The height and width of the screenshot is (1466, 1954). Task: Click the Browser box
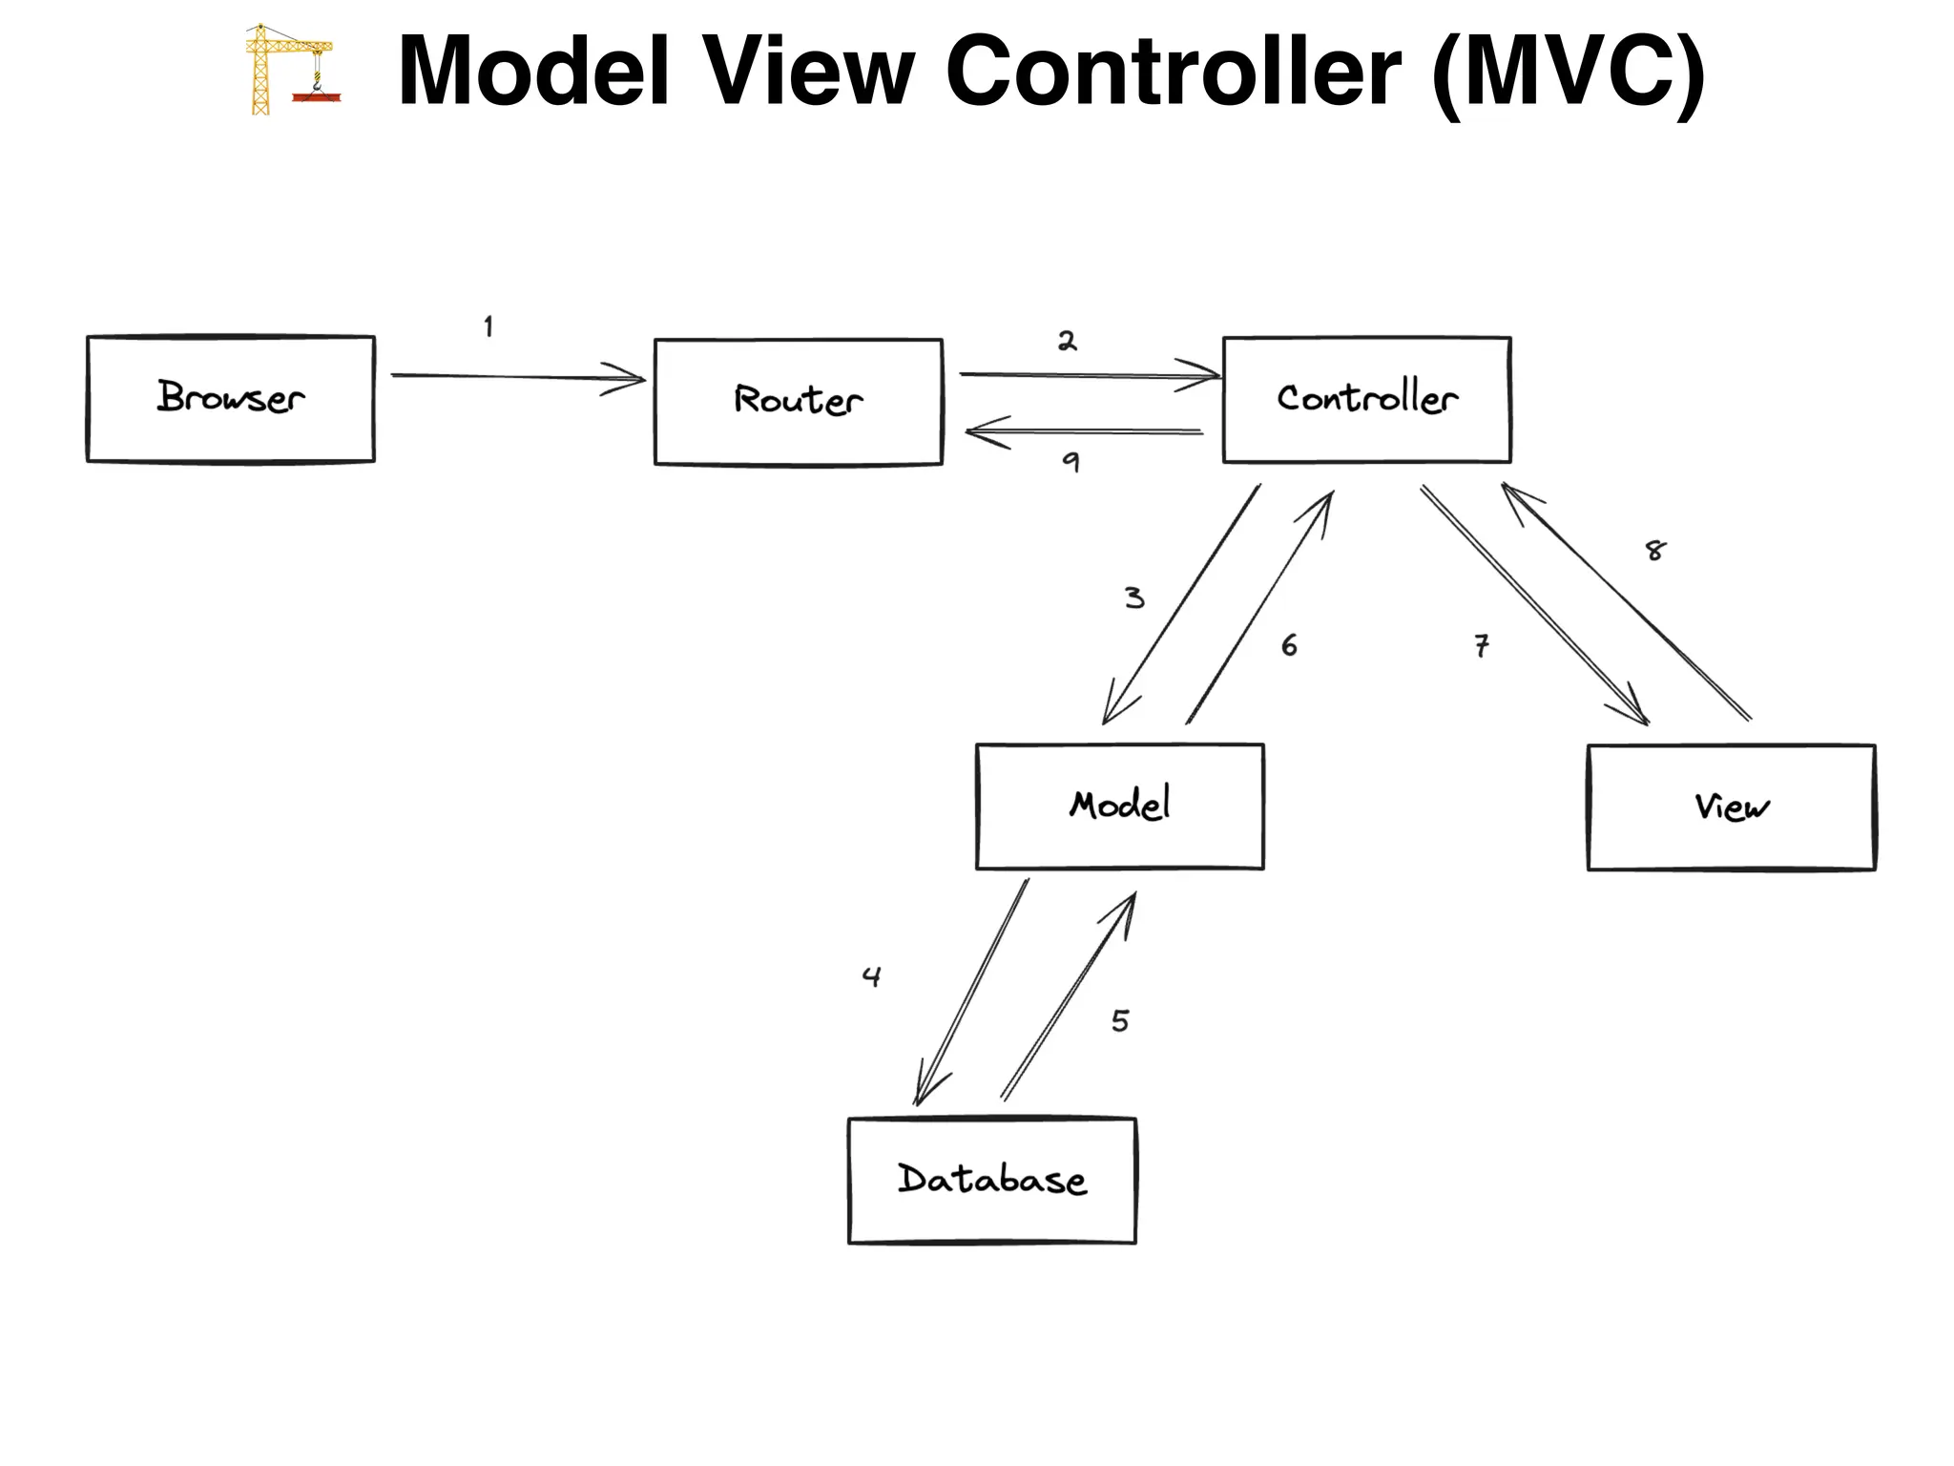(x=230, y=399)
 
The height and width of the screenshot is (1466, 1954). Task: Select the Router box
(x=798, y=402)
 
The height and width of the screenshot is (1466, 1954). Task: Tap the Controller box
(x=1366, y=400)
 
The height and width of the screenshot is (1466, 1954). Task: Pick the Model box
(x=1119, y=806)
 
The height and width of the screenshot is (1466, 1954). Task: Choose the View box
(x=1731, y=807)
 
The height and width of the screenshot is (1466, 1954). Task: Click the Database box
(x=991, y=1181)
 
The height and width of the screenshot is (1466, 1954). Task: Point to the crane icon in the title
(x=289, y=71)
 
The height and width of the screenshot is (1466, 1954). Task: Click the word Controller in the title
(x=1173, y=71)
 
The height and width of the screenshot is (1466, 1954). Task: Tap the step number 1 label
(x=488, y=327)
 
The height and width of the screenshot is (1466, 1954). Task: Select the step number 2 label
(x=1067, y=342)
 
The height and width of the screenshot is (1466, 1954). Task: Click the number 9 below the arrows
(x=1071, y=463)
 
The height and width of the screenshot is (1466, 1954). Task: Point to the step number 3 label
(x=1133, y=598)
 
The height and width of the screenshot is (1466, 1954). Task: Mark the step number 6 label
(x=1289, y=646)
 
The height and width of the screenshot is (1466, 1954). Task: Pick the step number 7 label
(x=1481, y=646)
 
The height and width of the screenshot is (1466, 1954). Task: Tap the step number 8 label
(x=1655, y=551)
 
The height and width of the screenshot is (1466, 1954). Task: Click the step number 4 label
(x=871, y=976)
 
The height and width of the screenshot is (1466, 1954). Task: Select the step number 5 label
(x=1120, y=1021)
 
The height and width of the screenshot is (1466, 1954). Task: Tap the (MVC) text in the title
(x=1568, y=73)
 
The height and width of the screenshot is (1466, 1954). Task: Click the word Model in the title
(x=533, y=71)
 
